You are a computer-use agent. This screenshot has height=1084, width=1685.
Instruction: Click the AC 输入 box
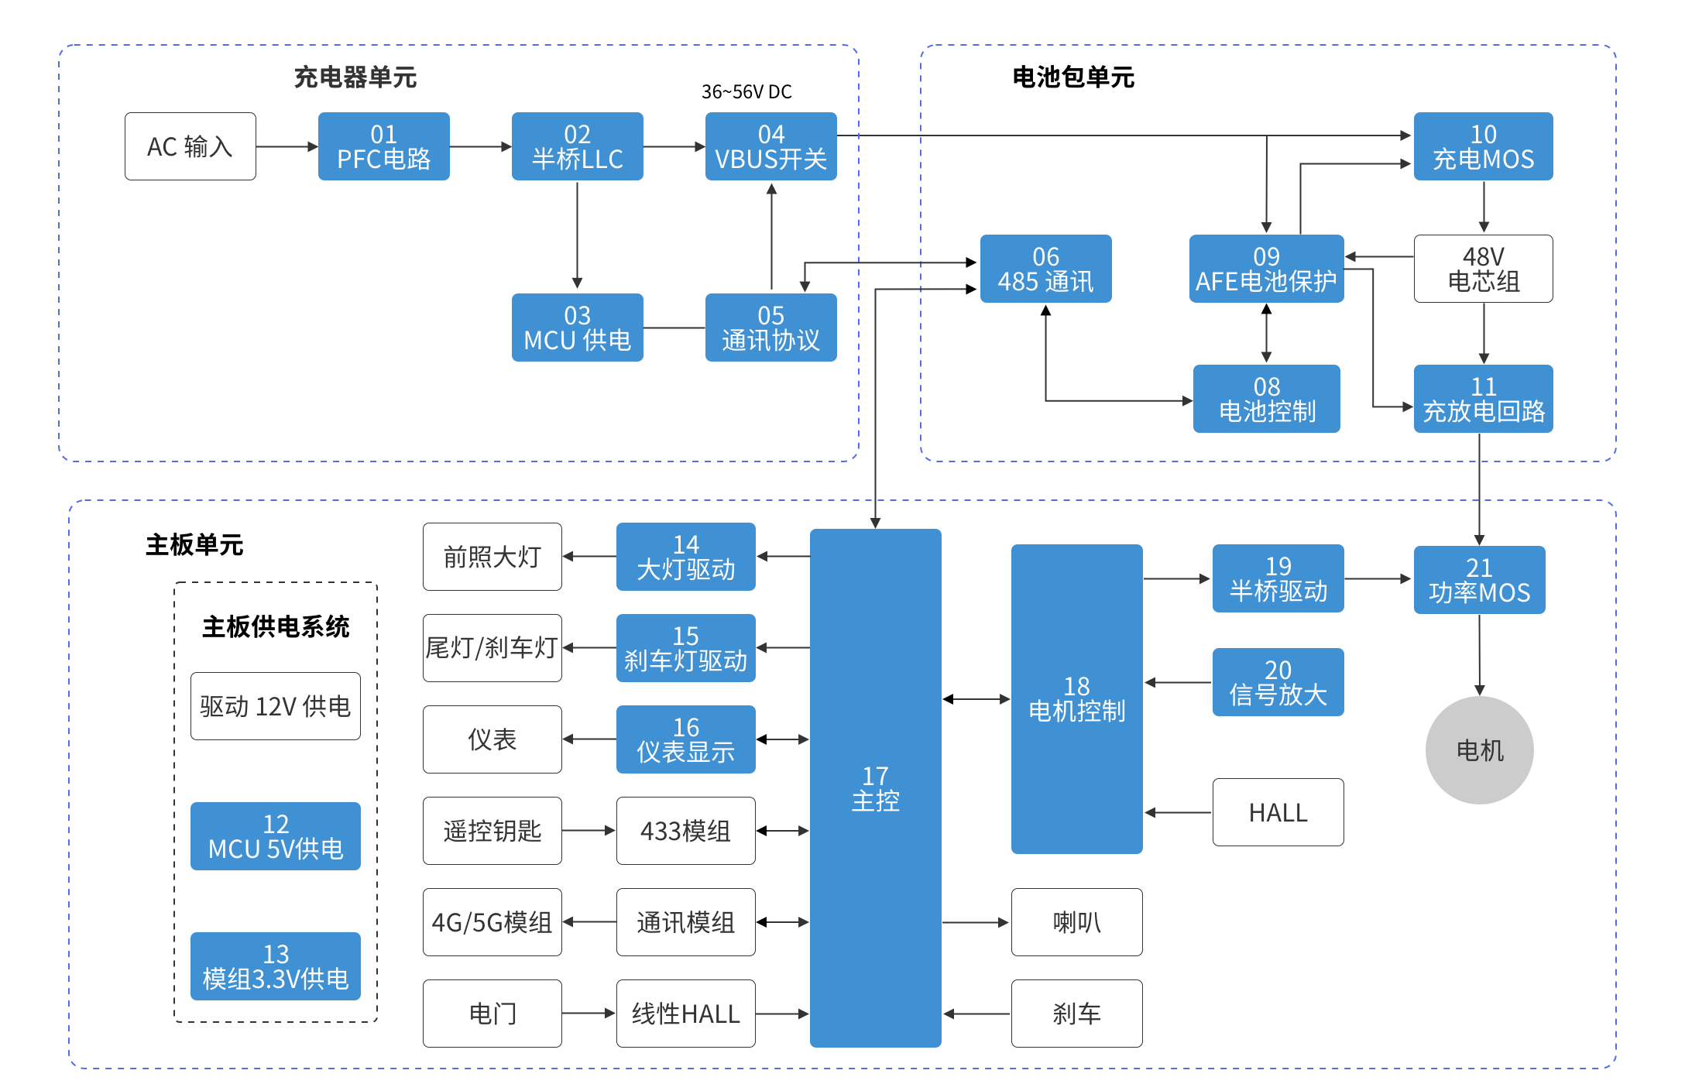click(190, 146)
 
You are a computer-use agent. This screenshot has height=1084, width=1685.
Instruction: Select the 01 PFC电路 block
click(384, 146)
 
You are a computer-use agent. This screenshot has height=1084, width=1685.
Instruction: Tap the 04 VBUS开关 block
click(771, 146)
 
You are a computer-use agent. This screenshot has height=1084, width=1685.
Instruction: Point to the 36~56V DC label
click(746, 92)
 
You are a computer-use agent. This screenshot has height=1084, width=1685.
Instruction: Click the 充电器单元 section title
click(355, 77)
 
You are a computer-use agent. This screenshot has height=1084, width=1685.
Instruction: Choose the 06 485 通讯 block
click(1046, 269)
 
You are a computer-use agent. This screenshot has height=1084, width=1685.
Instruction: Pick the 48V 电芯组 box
click(1484, 269)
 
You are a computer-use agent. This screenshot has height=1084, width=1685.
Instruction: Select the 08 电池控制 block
click(1267, 399)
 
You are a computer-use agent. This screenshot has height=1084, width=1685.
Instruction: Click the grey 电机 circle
click(1480, 750)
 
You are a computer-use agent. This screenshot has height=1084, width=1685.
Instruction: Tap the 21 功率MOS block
click(1480, 580)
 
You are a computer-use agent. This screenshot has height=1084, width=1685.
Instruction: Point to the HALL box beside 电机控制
click(1278, 812)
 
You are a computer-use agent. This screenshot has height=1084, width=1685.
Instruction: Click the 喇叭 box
click(1077, 922)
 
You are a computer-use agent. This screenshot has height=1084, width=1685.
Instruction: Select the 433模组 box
click(686, 831)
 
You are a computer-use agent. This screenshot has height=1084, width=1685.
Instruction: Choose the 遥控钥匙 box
click(492, 831)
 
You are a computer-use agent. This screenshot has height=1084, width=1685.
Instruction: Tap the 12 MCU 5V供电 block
click(276, 836)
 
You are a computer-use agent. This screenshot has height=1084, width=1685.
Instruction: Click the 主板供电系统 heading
click(276, 626)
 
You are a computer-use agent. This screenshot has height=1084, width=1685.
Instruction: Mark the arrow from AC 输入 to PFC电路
click(287, 146)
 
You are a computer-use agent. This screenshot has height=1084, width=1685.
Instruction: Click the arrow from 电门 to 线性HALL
click(589, 1014)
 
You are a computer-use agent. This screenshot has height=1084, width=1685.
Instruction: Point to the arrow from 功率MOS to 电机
click(1480, 655)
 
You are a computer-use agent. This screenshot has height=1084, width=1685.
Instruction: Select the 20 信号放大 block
click(1278, 682)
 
